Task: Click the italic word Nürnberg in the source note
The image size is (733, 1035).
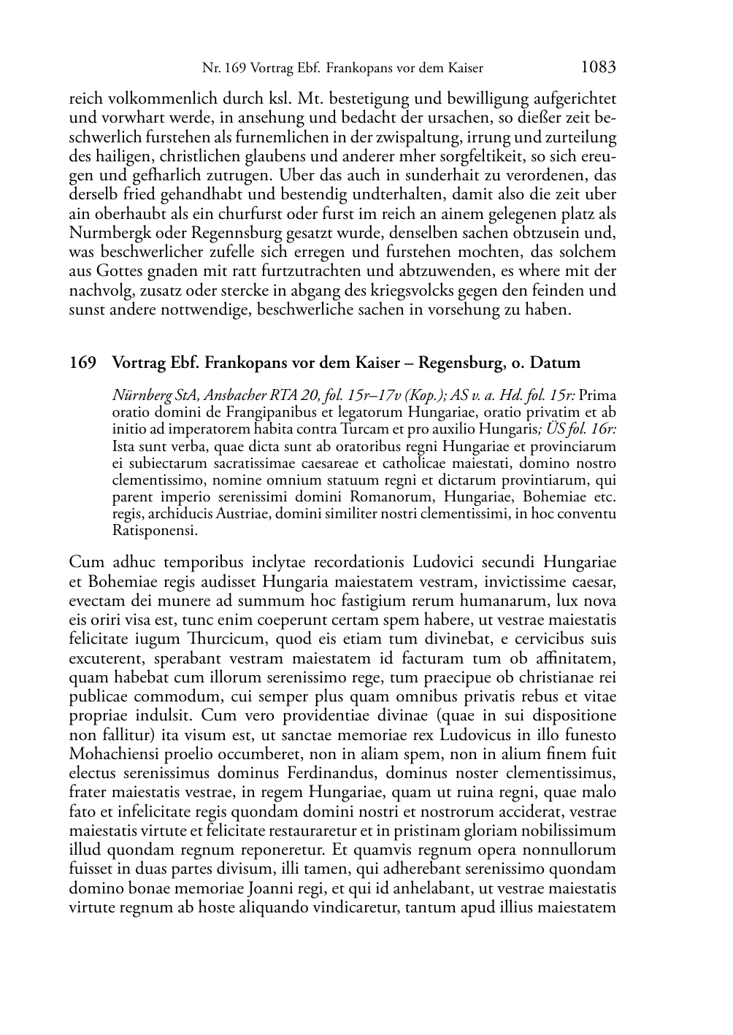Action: click(139, 396)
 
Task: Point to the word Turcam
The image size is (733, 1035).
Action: click(354, 429)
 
